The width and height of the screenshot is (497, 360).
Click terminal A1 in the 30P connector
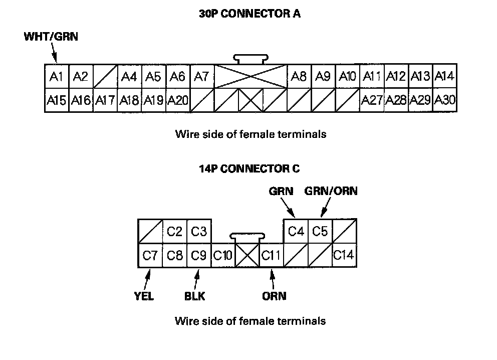click(x=56, y=77)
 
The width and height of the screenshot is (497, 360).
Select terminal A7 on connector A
click(x=202, y=77)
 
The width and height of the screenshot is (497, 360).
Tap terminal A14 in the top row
click(x=444, y=77)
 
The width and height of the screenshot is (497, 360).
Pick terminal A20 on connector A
click(x=177, y=100)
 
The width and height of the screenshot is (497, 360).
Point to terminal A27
click(x=372, y=100)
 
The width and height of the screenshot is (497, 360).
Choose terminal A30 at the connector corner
click(x=444, y=100)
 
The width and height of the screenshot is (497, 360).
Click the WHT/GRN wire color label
click(x=51, y=37)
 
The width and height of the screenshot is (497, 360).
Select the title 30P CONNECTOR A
click(x=250, y=14)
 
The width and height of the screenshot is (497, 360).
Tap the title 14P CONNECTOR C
click(x=250, y=169)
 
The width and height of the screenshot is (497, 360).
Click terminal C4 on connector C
click(x=296, y=232)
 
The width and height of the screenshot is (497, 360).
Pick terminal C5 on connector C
click(x=320, y=232)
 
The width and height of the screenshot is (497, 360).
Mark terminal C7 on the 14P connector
click(x=150, y=256)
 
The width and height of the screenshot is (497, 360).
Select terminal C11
click(x=272, y=256)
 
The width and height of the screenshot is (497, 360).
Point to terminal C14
click(x=344, y=256)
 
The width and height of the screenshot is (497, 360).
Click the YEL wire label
click(x=143, y=296)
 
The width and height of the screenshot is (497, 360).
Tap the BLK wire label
click(x=195, y=296)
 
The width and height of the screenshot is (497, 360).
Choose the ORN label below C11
click(x=275, y=296)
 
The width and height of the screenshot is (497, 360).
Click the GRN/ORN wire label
click(x=331, y=192)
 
